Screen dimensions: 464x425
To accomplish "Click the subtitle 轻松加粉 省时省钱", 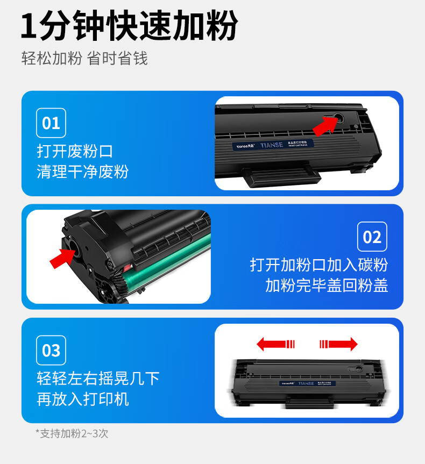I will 84,58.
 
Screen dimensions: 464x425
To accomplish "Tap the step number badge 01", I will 51,123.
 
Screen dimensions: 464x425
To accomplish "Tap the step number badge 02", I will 372,237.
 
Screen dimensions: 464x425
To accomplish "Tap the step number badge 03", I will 51,351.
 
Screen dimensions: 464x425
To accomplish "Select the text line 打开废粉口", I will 75,151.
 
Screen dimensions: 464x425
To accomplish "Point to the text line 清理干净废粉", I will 83,172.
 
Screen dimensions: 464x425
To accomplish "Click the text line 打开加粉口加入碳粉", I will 319,265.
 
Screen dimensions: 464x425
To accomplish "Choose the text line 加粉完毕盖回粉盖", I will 327,285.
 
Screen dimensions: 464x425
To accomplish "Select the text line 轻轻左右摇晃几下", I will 98,378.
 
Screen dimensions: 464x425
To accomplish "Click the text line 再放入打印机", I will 83,399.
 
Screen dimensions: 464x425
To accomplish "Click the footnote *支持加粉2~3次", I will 72,433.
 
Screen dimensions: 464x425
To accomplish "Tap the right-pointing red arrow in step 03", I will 338,344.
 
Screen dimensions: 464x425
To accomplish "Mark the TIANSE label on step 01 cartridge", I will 275,145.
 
